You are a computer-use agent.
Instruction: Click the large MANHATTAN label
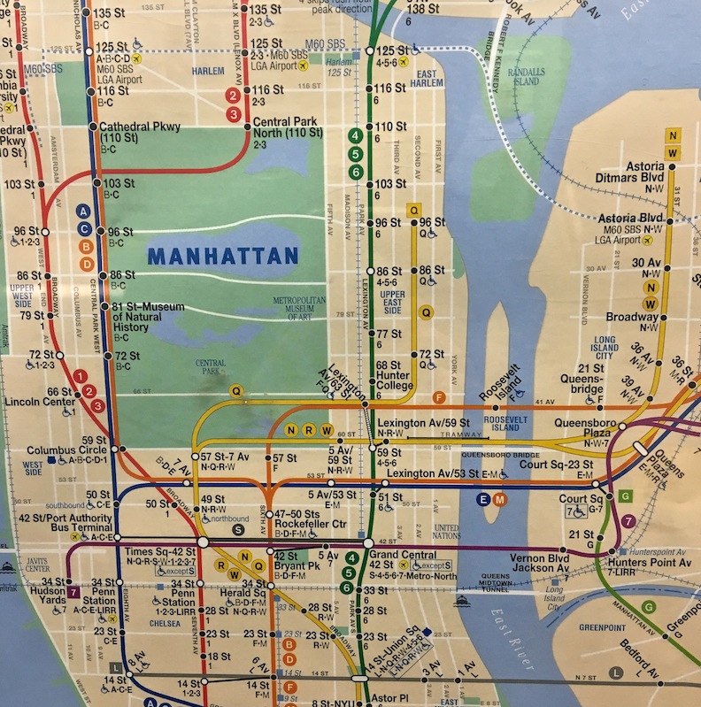222,257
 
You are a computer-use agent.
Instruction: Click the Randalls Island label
526,77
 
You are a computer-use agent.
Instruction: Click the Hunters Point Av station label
649,563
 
